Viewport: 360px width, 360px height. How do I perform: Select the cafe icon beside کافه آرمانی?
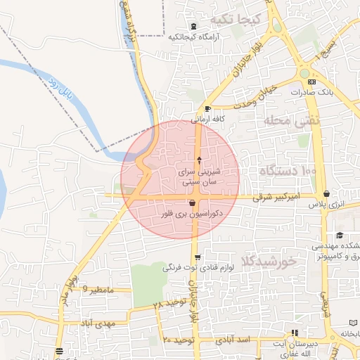[x=207, y=108]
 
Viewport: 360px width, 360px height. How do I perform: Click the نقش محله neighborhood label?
[x=292, y=121]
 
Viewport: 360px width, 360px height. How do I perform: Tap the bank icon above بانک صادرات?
[x=311, y=82]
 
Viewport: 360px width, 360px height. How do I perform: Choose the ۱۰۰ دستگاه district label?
[x=288, y=172]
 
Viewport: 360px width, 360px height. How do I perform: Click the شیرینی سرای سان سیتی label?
[x=201, y=176]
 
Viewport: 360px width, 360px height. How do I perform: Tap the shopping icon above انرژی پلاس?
[x=327, y=194]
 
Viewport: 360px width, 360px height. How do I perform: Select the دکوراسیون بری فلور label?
[x=193, y=212]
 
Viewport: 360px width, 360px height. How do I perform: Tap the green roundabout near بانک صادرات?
[x=304, y=73]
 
